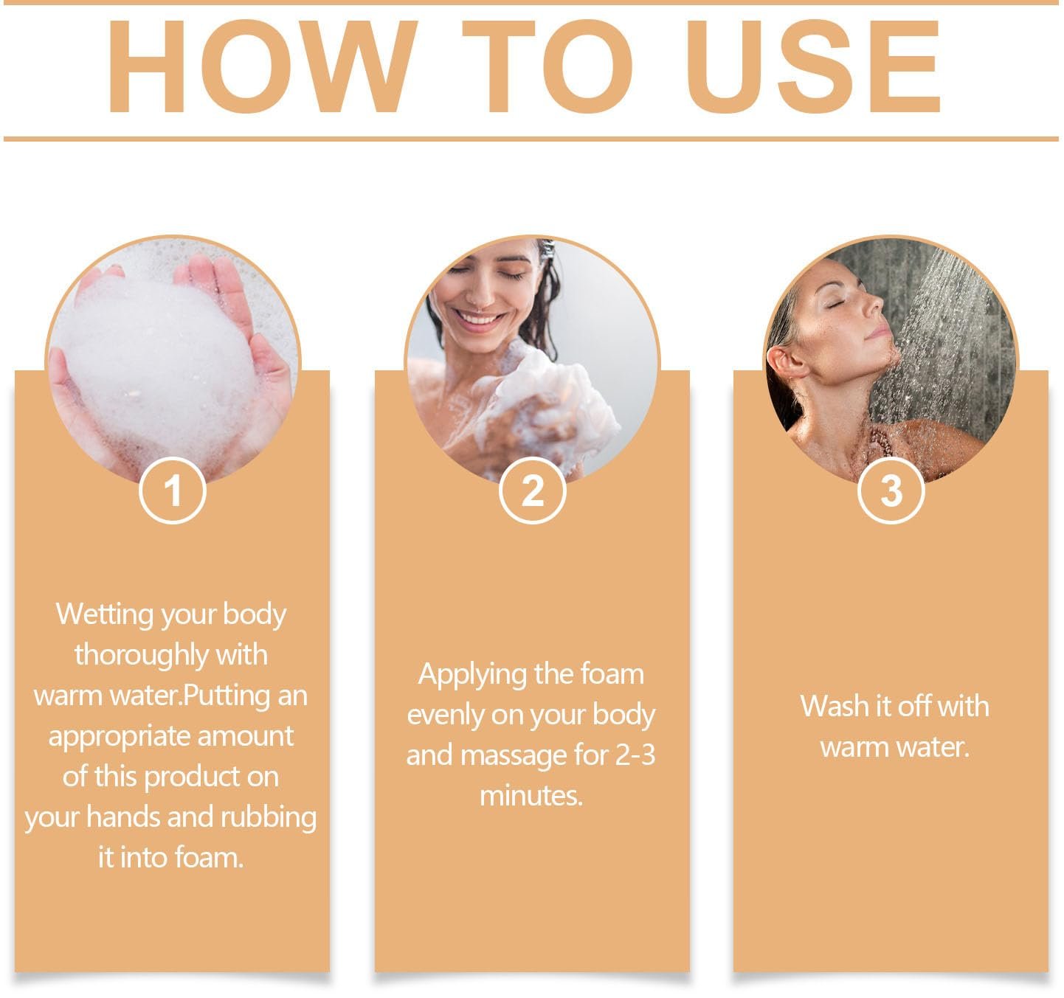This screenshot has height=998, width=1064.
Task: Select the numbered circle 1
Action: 172,491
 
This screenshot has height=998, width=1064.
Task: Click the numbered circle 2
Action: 532,491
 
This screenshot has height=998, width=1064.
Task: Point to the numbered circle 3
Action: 891,491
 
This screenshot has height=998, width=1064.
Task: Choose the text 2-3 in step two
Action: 635,755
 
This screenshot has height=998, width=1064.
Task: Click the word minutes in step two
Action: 531,796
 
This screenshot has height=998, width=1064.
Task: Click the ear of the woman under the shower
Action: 787,361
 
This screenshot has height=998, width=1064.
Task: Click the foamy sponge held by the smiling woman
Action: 557,407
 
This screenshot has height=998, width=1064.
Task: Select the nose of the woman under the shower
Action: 874,302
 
